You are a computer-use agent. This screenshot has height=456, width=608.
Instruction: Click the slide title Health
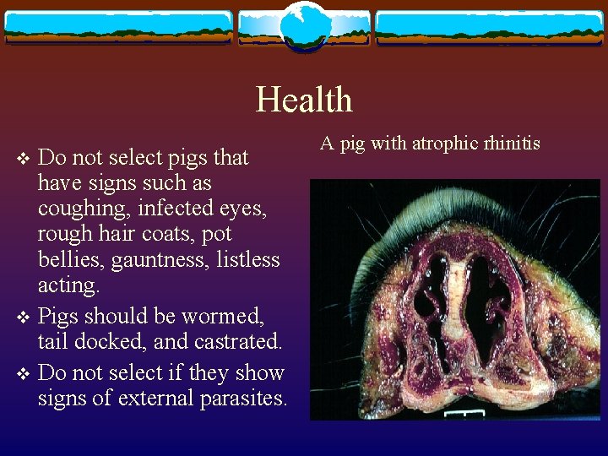pos(304,100)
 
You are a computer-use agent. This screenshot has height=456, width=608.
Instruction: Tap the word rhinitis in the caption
pos(510,143)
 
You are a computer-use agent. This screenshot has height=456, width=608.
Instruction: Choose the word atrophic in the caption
pos(442,144)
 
